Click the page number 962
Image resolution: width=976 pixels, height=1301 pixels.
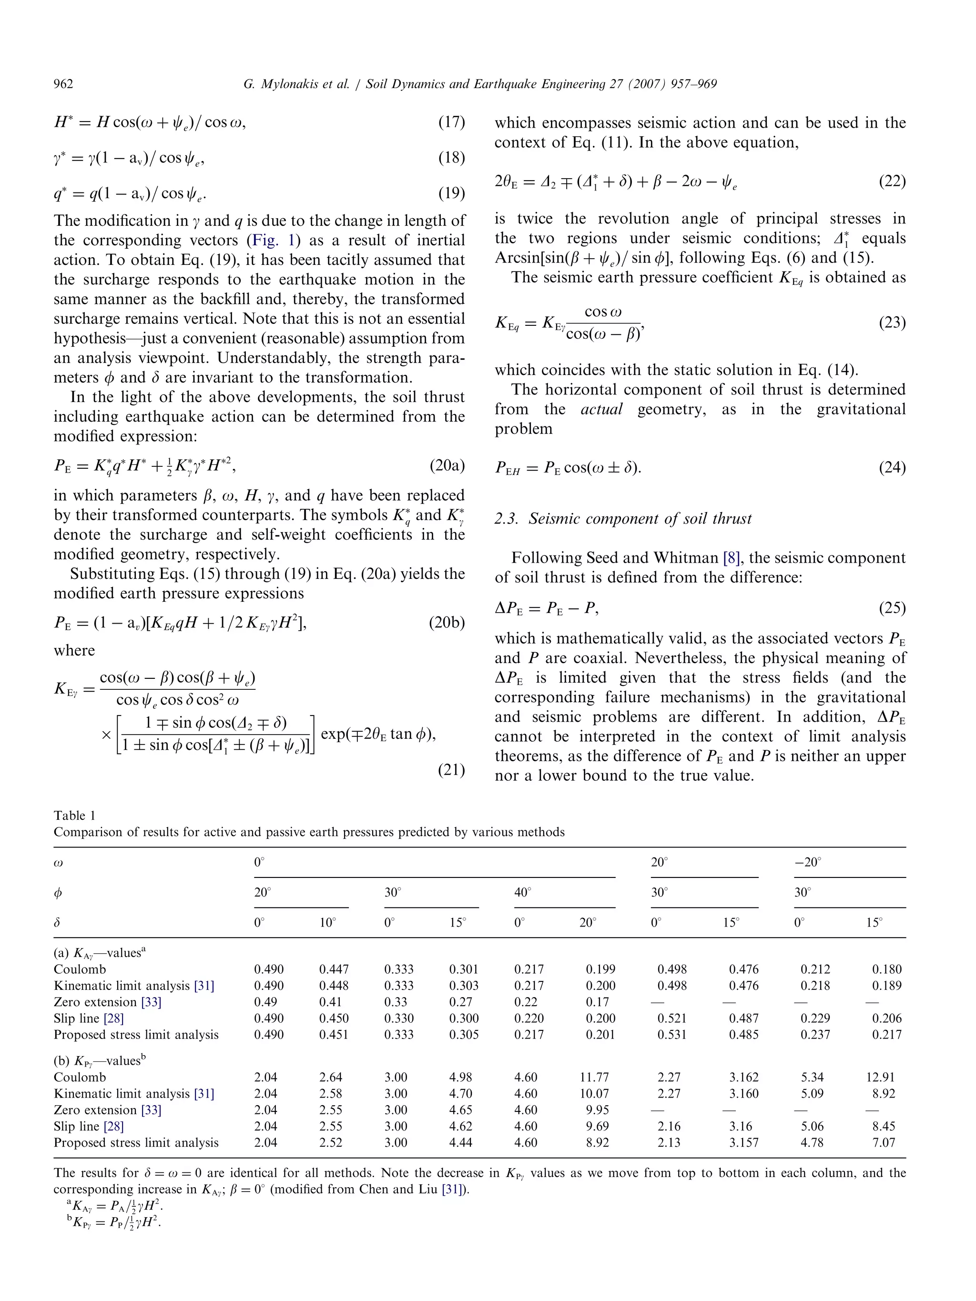[63, 84]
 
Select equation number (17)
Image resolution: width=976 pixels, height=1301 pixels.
[451, 122]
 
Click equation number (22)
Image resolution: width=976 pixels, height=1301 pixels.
[892, 181]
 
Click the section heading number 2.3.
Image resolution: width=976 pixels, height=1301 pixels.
[506, 519]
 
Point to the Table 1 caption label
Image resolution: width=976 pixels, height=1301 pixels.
[74, 815]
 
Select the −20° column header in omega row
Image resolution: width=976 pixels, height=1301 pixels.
[807, 862]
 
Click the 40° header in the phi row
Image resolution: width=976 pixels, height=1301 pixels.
[522, 892]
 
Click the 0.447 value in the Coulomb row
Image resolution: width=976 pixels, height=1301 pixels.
[334, 969]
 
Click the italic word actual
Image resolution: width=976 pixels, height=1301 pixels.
[601, 409]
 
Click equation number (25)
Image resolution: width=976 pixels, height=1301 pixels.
[892, 607]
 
